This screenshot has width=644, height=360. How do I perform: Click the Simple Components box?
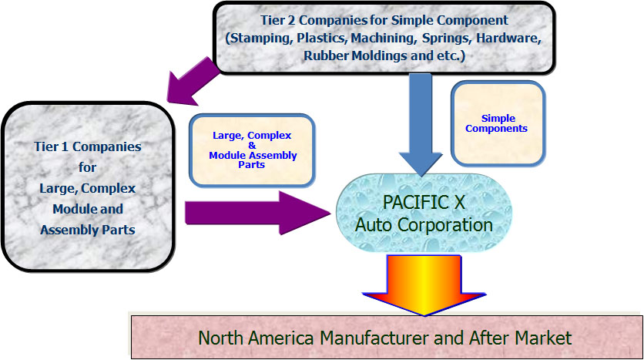click(498, 123)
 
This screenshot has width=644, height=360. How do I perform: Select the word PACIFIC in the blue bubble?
click(408, 204)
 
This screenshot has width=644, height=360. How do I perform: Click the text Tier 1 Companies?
click(87, 145)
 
